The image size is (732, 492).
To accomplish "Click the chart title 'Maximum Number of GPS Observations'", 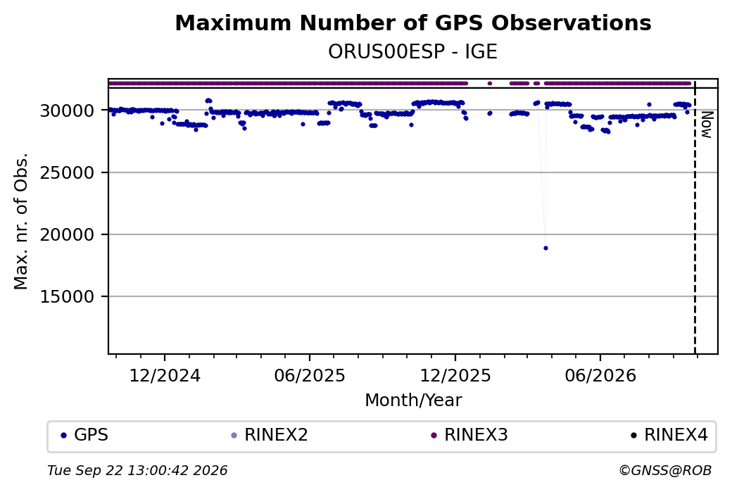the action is (x=412, y=23).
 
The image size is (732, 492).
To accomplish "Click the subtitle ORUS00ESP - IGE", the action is (x=412, y=52).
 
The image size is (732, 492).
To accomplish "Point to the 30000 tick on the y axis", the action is (x=67, y=111).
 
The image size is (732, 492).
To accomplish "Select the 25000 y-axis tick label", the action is (x=67, y=172).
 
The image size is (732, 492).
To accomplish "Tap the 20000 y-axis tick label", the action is (x=67, y=235).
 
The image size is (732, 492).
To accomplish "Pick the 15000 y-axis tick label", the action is (x=67, y=296).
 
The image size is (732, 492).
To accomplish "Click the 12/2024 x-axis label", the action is (x=164, y=376).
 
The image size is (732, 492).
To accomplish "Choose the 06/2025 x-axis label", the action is (x=310, y=376).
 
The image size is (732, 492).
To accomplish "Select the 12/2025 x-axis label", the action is (x=455, y=376).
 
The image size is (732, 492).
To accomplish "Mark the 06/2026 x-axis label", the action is (x=600, y=376).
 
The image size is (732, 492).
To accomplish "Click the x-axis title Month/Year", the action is (x=413, y=400).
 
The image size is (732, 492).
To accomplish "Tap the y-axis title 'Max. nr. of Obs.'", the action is (x=21, y=221).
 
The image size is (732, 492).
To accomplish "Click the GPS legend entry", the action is (x=84, y=435).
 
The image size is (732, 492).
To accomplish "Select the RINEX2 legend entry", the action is (x=270, y=435).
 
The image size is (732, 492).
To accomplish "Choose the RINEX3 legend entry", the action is (x=469, y=435).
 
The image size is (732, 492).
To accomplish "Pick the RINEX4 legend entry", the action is (x=669, y=435).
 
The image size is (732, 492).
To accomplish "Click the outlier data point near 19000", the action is (x=545, y=248).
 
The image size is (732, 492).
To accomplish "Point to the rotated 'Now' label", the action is (x=707, y=125).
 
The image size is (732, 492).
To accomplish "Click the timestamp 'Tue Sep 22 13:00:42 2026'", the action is (x=137, y=470).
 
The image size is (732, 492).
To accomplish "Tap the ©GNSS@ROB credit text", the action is (x=665, y=470).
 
